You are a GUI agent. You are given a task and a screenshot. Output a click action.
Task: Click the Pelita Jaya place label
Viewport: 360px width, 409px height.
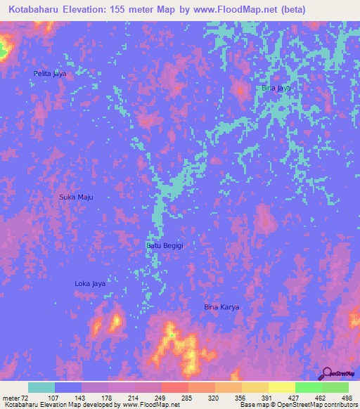49,73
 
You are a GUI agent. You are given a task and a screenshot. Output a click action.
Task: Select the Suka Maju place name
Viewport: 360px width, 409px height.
76,197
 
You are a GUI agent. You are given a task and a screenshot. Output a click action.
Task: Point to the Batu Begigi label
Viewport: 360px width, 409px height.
165,245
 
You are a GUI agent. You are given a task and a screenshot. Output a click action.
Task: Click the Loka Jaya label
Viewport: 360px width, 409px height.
90,284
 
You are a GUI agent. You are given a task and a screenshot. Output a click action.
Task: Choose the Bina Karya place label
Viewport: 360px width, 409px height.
221,307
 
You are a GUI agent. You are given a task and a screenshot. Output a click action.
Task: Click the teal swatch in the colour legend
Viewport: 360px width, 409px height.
41,387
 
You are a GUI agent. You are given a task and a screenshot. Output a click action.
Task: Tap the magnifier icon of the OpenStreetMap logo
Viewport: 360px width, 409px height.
326,374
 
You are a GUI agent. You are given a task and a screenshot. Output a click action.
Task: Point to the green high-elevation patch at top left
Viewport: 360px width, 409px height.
3,49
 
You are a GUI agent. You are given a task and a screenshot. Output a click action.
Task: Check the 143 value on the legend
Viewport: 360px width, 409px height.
89,398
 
